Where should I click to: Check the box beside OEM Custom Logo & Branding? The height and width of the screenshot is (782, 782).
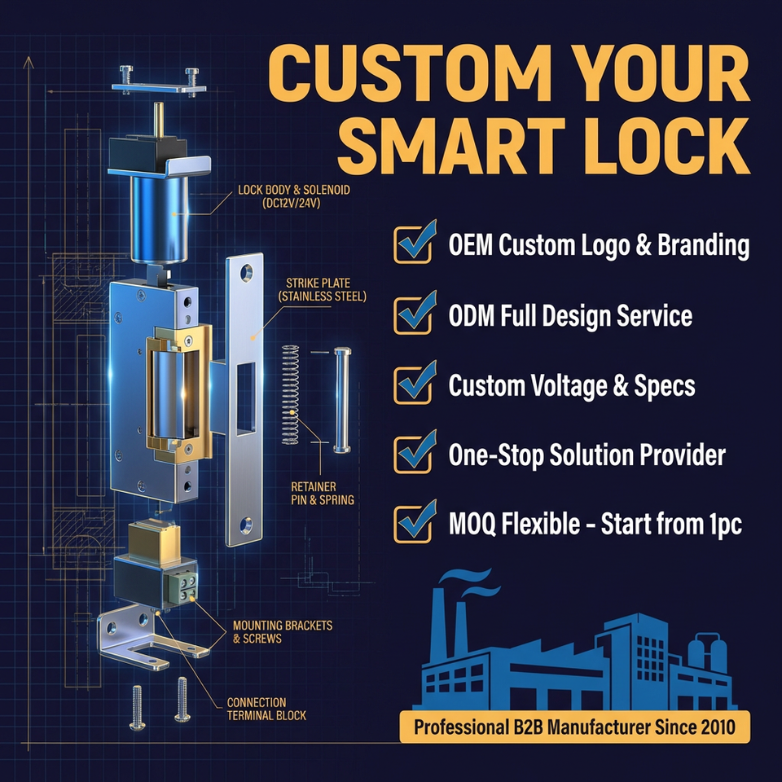(413, 244)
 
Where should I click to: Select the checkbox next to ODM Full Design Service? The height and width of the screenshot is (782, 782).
(413, 314)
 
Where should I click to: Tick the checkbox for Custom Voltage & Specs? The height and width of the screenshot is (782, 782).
(413, 384)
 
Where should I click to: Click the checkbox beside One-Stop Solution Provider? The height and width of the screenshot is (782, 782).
(413, 454)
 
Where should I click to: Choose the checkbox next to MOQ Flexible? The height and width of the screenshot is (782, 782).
(413, 524)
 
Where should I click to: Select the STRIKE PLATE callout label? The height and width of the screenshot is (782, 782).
(322, 289)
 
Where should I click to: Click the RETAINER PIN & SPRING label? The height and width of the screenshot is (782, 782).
(322, 493)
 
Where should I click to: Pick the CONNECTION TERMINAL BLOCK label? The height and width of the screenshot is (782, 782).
(256, 709)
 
